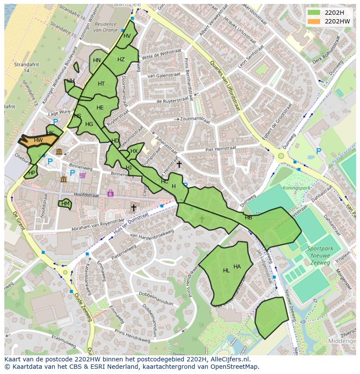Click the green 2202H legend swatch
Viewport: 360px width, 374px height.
(x=313, y=12)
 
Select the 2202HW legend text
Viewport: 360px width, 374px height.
(x=337, y=21)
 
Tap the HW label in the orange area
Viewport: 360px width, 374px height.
(x=38, y=140)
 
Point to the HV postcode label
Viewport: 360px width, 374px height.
(x=127, y=36)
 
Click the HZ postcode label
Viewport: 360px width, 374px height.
(x=121, y=60)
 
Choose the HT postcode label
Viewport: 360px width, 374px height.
(x=101, y=84)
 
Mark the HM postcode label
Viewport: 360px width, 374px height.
(x=65, y=203)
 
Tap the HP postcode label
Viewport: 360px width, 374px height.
(x=31, y=172)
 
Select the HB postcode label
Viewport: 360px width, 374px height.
(x=248, y=218)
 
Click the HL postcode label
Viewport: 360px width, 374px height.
(x=226, y=271)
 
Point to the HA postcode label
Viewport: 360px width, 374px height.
(x=237, y=267)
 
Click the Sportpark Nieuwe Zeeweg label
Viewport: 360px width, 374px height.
(x=318, y=256)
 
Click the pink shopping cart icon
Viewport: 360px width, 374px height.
(x=83, y=175)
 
